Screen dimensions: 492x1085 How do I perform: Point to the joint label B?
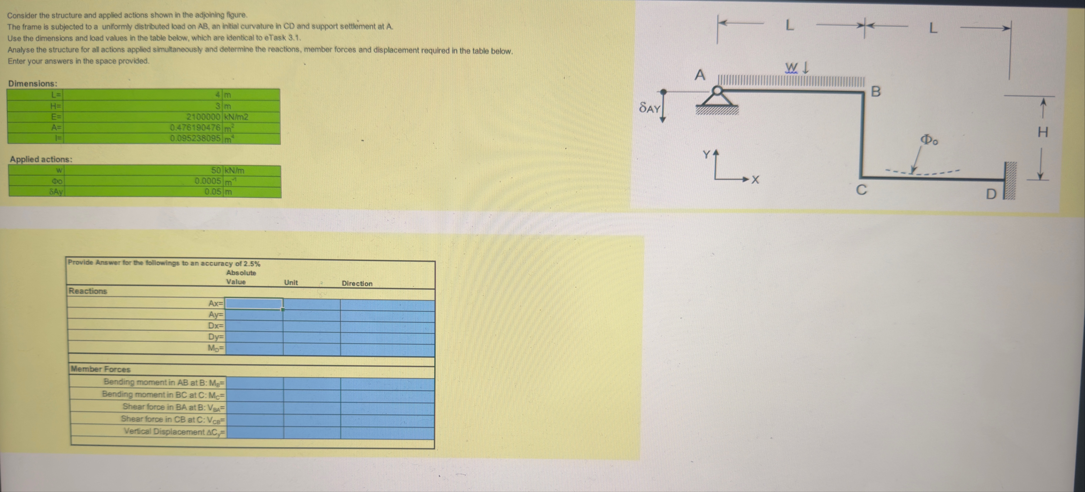(876, 91)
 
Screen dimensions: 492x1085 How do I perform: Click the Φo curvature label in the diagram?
(929, 140)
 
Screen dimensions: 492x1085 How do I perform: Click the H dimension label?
(1043, 133)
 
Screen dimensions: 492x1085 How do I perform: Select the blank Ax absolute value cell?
(254, 303)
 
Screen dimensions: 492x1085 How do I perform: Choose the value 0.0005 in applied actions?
(208, 181)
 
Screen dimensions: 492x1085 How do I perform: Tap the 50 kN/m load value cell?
(216, 170)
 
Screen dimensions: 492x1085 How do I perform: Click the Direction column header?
(357, 284)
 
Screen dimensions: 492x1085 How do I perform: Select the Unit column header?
(291, 283)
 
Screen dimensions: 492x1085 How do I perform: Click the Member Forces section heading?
(101, 369)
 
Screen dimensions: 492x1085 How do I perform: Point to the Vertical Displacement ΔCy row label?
(174, 432)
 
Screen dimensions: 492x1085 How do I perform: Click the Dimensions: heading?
(33, 83)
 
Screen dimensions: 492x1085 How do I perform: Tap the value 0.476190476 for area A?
(195, 127)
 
